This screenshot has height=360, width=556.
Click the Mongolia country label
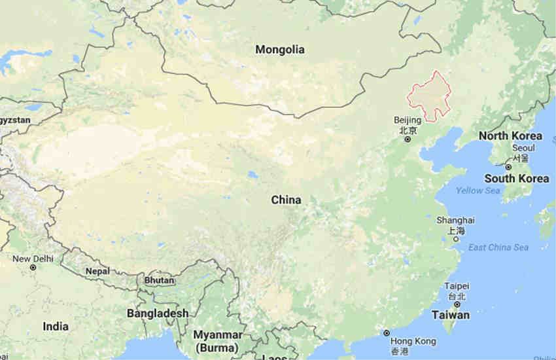coord(280,49)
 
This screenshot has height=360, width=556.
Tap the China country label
coord(287,200)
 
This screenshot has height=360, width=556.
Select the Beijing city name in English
coord(408,120)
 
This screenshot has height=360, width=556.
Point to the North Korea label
coord(510,136)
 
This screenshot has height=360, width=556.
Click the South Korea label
coord(517,178)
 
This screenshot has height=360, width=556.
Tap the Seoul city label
coord(519,148)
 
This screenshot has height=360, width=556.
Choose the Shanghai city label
coord(457,221)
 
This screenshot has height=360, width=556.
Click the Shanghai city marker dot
coord(455,239)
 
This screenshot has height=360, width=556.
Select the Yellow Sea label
coord(478,190)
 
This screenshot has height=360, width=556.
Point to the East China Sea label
coord(498,247)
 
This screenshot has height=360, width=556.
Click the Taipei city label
coord(456,287)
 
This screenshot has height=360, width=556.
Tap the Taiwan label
coord(450,315)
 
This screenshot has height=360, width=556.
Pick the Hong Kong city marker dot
coord(387,333)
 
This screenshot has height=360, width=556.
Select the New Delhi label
coord(33,259)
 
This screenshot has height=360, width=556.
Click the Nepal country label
coord(98,271)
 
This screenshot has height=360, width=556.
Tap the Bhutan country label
coord(160,280)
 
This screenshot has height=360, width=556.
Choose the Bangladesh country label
coord(158,314)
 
